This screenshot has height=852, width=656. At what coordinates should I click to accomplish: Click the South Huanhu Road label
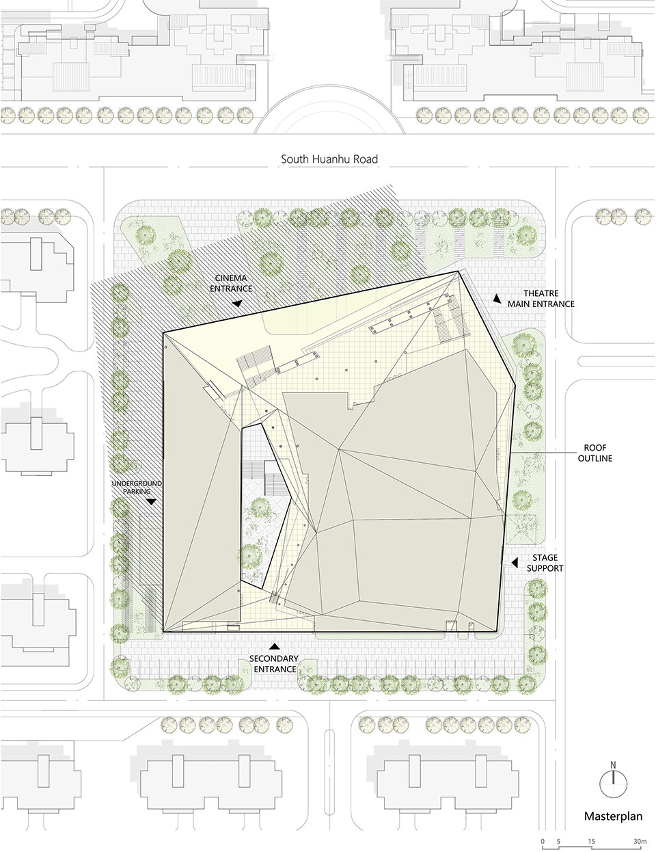pyautogui.click(x=329, y=159)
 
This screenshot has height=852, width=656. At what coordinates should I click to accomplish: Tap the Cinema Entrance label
pyautogui.click(x=231, y=283)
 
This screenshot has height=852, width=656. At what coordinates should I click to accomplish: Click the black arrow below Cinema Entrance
pyautogui.click(x=237, y=304)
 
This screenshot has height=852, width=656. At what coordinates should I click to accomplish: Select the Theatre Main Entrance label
pyautogui.click(x=541, y=298)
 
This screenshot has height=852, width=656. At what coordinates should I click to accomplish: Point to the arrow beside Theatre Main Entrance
pyautogui.click(x=497, y=298)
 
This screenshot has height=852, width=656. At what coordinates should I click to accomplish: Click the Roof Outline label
pyautogui.click(x=595, y=453)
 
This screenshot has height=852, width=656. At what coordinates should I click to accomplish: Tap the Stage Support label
pyautogui.click(x=545, y=563)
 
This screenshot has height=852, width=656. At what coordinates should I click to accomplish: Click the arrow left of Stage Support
pyautogui.click(x=515, y=562)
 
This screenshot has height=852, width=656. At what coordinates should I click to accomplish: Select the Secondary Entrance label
pyautogui.click(x=274, y=663)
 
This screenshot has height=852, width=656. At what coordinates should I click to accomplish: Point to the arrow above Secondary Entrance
pyautogui.click(x=275, y=646)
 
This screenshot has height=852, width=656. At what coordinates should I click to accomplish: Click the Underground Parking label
pyautogui.click(x=136, y=487)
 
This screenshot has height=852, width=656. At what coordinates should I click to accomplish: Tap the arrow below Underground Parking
pyautogui.click(x=151, y=502)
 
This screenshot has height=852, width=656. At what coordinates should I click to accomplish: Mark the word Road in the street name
pyautogui.click(x=366, y=159)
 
